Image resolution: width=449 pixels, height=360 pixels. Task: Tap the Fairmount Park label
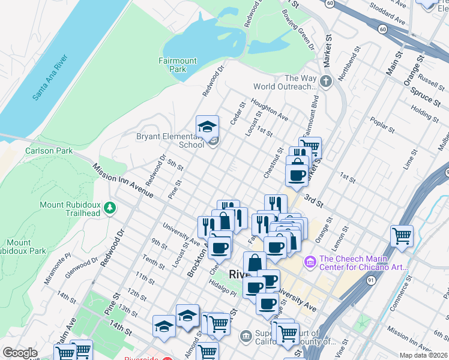(x=177, y=65)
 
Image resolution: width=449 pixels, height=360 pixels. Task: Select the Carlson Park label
(x=49, y=151)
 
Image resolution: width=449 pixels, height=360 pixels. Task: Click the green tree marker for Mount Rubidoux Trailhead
(x=109, y=208)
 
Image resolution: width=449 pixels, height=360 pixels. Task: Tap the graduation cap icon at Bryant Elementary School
(x=207, y=127)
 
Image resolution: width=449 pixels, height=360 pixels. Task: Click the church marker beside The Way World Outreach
(x=326, y=82)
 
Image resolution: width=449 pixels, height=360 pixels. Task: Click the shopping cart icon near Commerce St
(x=402, y=235)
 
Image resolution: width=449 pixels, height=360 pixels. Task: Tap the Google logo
(x=20, y=353)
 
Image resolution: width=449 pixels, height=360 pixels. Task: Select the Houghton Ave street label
(x=270, y=109)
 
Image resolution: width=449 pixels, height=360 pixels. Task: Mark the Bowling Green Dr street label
(x=298, y=28)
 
